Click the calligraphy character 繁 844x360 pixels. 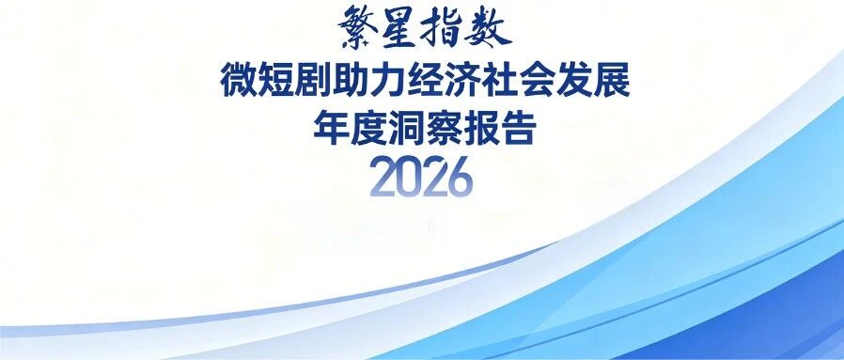(x=357, y=24)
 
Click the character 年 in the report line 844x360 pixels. (x=331, y=129)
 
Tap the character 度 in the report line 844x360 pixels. (x=368, y=129)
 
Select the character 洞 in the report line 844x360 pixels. (x=406, y=129)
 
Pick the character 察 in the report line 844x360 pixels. (x=444, y=129)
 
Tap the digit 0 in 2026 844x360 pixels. (x=408, y=177)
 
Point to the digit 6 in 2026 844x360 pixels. (x=460, y=177)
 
